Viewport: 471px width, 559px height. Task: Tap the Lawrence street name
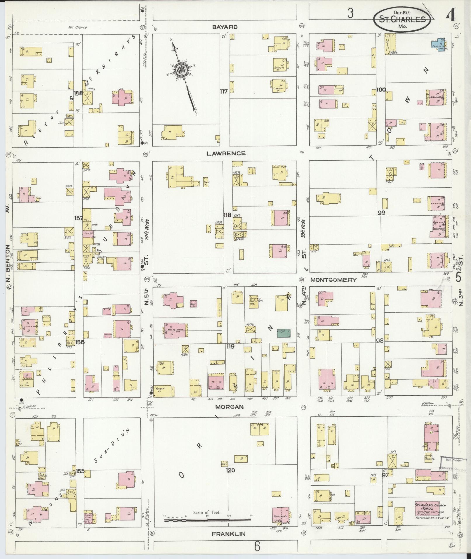pos(226,153)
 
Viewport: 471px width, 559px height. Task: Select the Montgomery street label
pos(333,280)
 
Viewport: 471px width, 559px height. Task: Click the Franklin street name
pos(229,534)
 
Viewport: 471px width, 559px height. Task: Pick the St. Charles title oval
pos(402,19)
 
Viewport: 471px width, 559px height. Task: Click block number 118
pos(227,215)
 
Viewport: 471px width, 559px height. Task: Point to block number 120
pos(230,470)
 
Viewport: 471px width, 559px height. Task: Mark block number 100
pos(381,89)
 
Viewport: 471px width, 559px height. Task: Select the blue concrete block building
pos(438,44)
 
